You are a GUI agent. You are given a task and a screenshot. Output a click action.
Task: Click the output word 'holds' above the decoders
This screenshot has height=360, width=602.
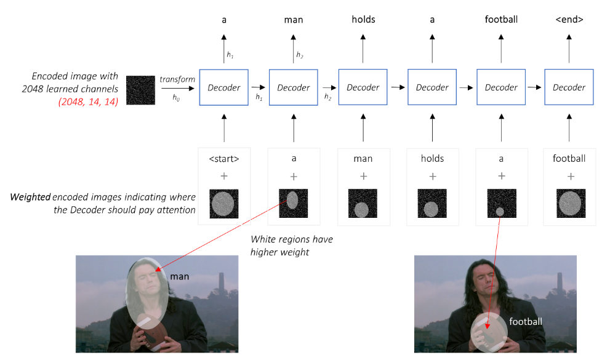coord(363,20)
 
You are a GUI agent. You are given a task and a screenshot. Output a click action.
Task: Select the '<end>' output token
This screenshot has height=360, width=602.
coord(569,20)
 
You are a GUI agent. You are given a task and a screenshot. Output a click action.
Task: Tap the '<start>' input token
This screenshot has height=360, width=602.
coord(224,159)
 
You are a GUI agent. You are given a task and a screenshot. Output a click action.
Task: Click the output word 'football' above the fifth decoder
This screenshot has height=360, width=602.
coord(501,20)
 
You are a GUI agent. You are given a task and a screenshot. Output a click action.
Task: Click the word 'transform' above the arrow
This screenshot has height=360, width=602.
coord(177,79)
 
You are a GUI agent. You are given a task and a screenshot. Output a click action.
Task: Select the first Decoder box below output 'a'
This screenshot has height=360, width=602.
coord(224,87)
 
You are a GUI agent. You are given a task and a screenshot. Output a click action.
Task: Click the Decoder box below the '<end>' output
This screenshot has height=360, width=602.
coord(569,87)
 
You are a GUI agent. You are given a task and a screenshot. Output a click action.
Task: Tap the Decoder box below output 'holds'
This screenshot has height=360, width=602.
coord(363,87)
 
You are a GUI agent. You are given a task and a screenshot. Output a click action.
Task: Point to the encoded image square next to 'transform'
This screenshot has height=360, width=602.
coord(140,90)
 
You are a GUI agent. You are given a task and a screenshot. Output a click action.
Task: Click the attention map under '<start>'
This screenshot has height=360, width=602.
coord(224,204)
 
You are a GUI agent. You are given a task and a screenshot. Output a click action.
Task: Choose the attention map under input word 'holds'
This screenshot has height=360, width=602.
coord(432,204)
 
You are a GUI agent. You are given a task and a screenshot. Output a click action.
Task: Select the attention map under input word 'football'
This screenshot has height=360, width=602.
coord(569,204)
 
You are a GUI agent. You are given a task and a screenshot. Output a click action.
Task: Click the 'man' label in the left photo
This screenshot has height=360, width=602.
coord(180,277)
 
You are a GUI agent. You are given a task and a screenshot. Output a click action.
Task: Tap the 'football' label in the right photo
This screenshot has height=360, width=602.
coord(526,321)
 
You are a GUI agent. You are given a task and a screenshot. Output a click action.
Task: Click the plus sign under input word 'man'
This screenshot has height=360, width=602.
coord(363,177)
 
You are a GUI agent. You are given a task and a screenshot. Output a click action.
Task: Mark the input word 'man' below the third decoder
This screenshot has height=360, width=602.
coord(363,159)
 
